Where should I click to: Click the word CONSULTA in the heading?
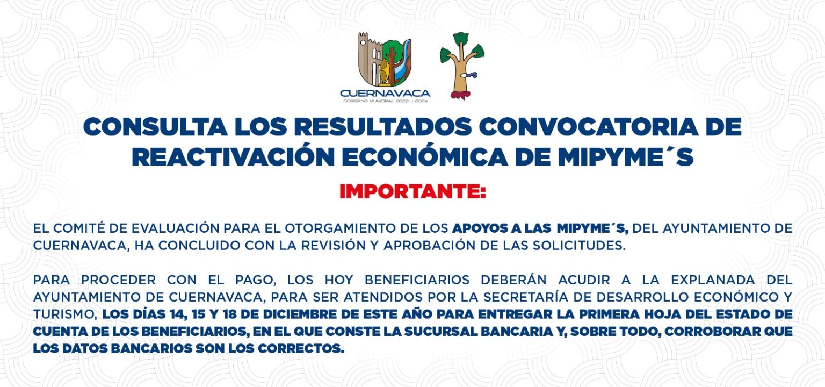tap(155, 127)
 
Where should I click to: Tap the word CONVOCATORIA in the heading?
tap(589, 127)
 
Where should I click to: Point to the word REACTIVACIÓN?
tap(233, 156)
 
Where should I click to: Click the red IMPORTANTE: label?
tap(412, 191)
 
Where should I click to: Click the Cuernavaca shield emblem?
tap(385, 59)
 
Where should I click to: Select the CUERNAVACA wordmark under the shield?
tap(385, 93)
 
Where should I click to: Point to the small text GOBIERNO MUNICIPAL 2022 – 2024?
tap(386, 101)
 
